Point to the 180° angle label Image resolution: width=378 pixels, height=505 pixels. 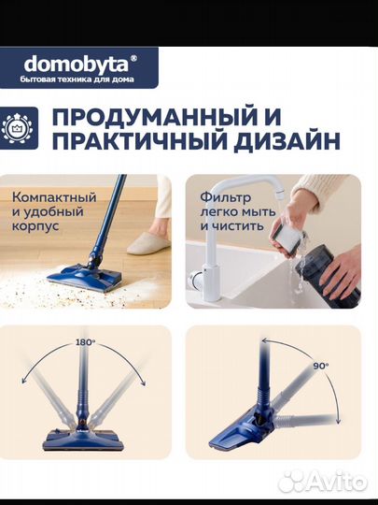[86, 343]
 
